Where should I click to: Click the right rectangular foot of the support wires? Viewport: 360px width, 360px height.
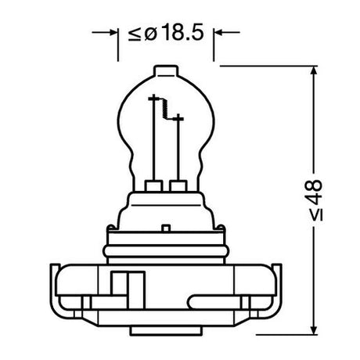178,186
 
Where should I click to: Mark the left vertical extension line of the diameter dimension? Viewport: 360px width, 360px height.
118,43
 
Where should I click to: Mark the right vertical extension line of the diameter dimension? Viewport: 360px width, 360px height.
214,43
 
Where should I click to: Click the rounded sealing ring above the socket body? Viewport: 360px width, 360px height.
167,243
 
